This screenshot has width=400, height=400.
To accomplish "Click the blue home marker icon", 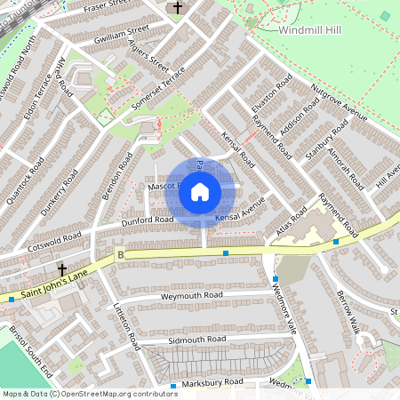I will click(200, 191).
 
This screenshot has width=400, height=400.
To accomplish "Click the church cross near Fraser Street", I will click(178, 9).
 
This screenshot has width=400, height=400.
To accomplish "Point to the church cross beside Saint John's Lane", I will click(62, 268).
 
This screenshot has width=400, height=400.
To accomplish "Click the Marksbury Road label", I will click(208, 381).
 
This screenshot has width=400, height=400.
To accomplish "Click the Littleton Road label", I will click(124, 324).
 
